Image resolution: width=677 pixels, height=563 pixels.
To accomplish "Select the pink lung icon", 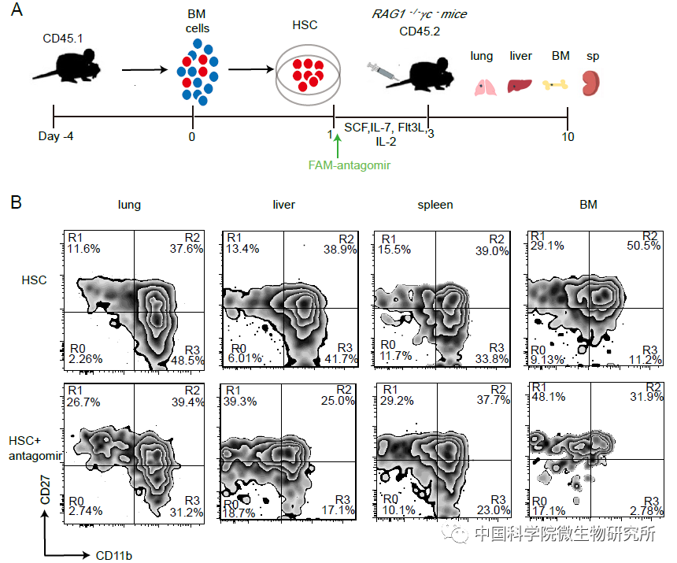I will (x=483, y=85).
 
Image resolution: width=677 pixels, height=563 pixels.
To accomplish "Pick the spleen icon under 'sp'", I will (x=591, y=83).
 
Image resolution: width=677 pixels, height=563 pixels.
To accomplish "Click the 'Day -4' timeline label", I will (x=54, y=136).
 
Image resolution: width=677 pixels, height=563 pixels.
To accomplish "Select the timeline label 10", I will (x=568, y=136).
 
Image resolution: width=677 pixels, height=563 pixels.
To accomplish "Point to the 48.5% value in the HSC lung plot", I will (x=187, y=359).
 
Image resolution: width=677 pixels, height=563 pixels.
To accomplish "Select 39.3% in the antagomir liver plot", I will (x=242, y=402).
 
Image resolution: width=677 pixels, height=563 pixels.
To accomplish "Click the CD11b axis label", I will (x=114, y=555).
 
